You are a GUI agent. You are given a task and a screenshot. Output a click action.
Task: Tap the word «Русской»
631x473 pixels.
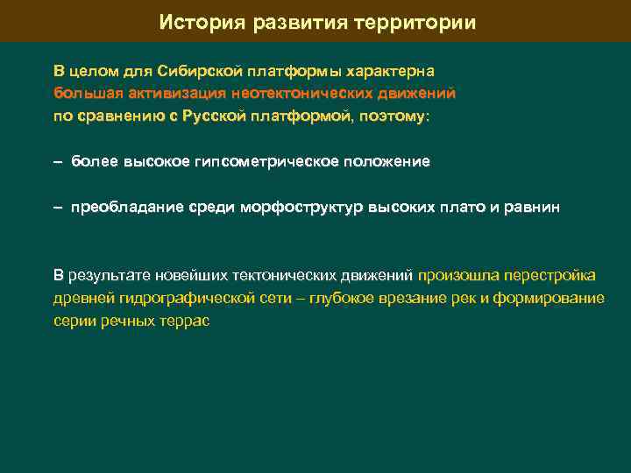coord(209,116)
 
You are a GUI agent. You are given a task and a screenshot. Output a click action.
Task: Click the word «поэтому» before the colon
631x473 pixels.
coord(393,116)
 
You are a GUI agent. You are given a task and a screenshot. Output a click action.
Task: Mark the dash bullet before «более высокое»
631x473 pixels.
coord(58,161)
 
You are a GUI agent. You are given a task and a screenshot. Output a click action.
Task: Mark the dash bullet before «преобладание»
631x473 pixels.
coord(58,208)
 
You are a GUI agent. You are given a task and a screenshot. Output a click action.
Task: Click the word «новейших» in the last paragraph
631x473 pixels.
coord(181,276)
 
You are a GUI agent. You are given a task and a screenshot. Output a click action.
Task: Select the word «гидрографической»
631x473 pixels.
coord(165,299)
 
